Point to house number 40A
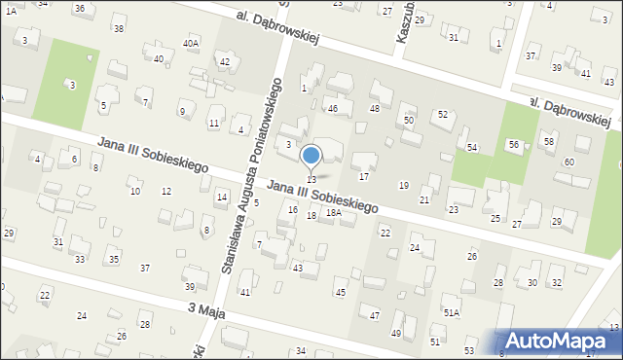coord(191,44)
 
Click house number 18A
coord(333,212)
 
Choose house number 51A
coord(452,311)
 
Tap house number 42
coord(225,62)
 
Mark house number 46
coord(332,108)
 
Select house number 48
coord(374,108)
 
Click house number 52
coord(442,114)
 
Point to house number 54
coord(471,147)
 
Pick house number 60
coord(568,162)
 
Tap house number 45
coord(340,292)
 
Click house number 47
coord(374,315)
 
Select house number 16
coord(292,209)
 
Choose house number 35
coord(114,259)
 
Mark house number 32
coord(557,282)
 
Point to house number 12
coord(166,191)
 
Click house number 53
coord(469,349)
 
